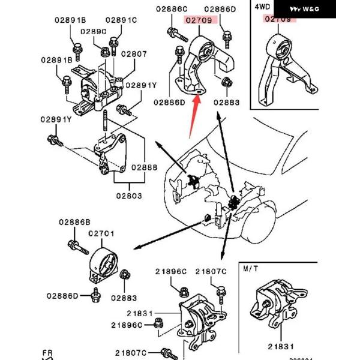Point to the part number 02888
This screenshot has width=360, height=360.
tap(144, 169)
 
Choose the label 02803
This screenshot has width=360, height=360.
tap(130, 196)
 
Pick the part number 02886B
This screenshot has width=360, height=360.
tap(74, 222)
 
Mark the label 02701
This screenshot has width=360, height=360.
tap(101, 233)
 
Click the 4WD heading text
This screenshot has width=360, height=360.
tap(262, 7)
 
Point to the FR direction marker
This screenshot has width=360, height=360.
tap(48, 353)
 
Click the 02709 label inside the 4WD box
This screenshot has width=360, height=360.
tap(278, 19)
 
